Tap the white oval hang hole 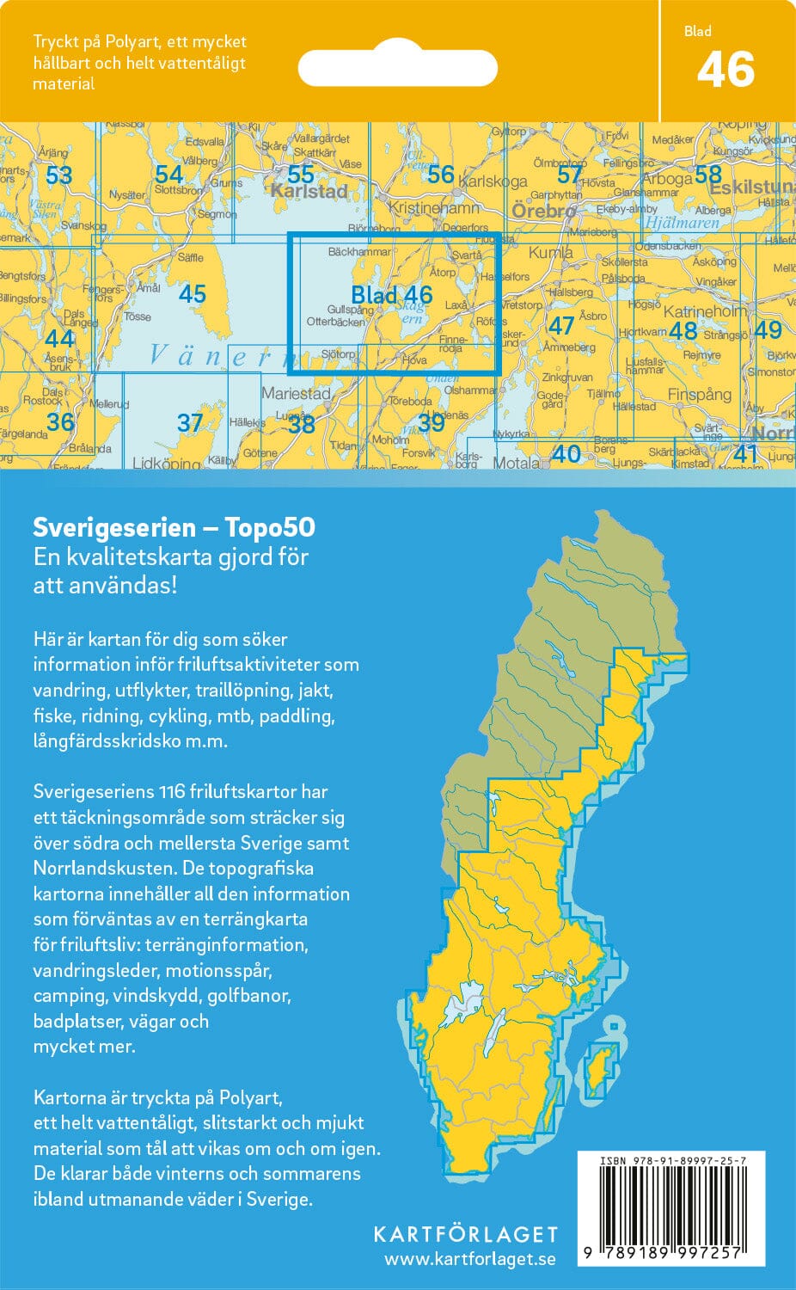pyautogui.click(x=397, y=67)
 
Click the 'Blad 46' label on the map pyautogui.click(x=391, y=295)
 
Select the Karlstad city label pyautogui.click(x=309, y=191)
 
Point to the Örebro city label pyautogui.click(x=543, y=211)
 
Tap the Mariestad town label pyautogui.click(x=296, y=393)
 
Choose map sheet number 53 pyautogui.click(x=58, y=175)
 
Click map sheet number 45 pyautogui.click(x=193, y=294)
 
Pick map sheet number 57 pyautogui.click(x=569, y=175)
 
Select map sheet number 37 pyautogui.click(x=189, y=422)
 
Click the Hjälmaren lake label pyautogui.click(x=681, y=222)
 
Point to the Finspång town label pyautogui.click(x=699, y=395)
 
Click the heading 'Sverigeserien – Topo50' pyautogui.click(x=174, y=527)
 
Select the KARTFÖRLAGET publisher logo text pyautogui.click(x=465, y=1234)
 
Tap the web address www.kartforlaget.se pyautogui.click(x=469, y=1259)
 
